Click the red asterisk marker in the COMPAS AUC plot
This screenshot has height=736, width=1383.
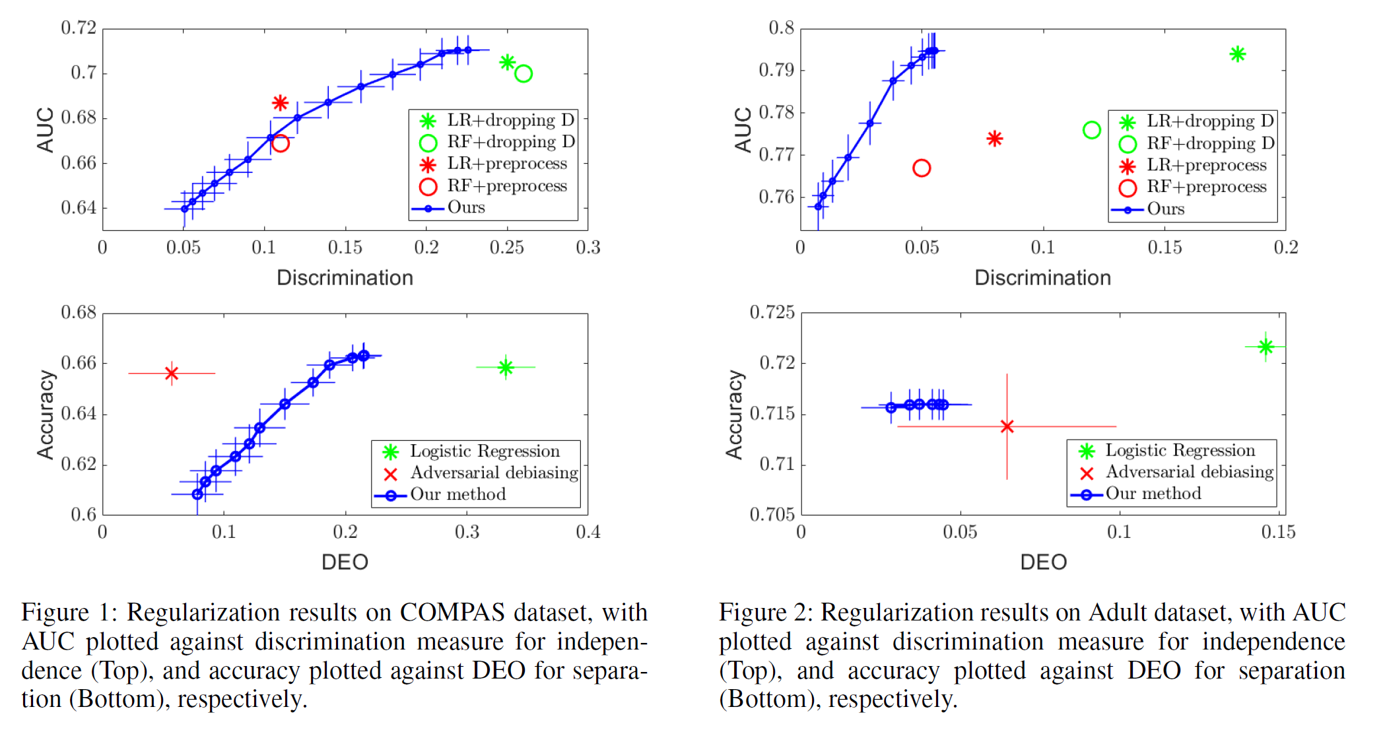[280, 103]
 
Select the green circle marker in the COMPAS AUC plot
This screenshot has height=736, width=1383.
[523, 74]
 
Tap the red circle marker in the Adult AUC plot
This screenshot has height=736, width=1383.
[922, 168]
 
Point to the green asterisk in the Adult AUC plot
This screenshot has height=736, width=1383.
[1238, 54]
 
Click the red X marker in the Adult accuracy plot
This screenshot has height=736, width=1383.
[1007, 426]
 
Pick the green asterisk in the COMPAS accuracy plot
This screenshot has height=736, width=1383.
[506, 367]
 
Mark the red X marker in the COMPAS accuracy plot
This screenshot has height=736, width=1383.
[172, 374]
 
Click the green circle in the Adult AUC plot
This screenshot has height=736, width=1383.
[1092, 130]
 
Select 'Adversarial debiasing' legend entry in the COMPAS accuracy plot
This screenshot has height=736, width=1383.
[494, 473]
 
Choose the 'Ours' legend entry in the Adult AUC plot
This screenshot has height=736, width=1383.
[1165, 209]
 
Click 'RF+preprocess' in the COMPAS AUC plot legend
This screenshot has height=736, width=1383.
[507, 186]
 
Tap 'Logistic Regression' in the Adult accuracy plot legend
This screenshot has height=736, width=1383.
[1180, 450]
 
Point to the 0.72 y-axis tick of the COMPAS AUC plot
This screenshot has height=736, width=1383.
[79, 28]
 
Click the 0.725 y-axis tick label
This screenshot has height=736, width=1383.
[772, 312]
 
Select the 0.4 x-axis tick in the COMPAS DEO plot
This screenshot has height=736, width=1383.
[588, 532]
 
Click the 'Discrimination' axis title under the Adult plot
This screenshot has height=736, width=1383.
[1042, 278]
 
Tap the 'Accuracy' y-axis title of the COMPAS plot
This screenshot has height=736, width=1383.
[46, 414]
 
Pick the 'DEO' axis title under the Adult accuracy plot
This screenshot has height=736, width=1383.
[1043, 562]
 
